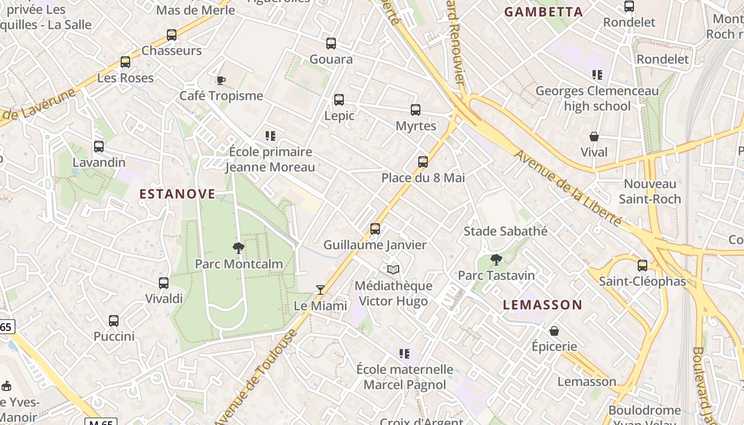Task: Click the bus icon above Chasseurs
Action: [172, 35]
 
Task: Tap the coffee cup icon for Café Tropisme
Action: [221, 80]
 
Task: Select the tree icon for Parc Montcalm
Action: [239, 248]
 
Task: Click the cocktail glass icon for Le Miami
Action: [320, 290]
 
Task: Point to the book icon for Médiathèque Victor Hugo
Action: [393, 270]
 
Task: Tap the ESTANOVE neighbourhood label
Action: [177, 194]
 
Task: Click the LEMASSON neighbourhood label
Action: [543, 305]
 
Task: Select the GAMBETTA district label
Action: [544, 12]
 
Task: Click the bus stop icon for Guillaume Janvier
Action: [375, 229]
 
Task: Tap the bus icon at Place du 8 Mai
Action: [423, 161]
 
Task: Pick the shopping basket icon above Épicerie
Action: [554, 331]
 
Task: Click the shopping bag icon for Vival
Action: [594, 137]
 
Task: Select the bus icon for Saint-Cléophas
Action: [642, 265]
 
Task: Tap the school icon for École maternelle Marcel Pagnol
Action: [405, 353]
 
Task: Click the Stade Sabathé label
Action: [505, 231]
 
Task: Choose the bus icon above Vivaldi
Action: [164, 283]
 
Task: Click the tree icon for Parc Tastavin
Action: [496, 260]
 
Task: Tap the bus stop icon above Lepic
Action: [339, 100]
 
